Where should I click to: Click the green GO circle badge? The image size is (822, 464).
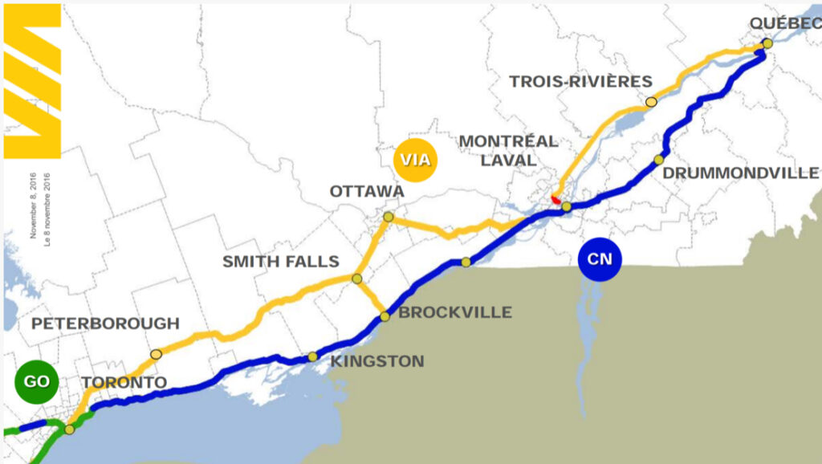click(37, 381)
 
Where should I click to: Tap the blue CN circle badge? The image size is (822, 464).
click(600, 258)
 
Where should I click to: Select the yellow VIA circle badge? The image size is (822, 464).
click(415, 160)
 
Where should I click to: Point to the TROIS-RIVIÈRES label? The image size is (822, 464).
click(581, 81)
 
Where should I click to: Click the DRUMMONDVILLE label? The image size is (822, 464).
click(741, 173)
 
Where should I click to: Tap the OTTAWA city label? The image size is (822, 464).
click(367, 192)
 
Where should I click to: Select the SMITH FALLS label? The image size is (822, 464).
click(281, 262)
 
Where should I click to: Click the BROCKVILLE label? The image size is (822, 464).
click(455, 312)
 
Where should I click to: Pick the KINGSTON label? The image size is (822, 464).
click(377, 361)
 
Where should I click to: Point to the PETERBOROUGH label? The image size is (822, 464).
click(105, 324)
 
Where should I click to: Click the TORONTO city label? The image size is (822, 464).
click(124, 382)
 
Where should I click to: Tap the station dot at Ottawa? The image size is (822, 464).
click(389, 217)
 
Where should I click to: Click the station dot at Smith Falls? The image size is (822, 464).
click(357, 279)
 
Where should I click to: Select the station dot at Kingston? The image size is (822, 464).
click(313, 356)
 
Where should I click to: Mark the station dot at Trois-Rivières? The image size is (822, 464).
click(651, 102)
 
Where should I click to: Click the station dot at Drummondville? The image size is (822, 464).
click(659, 160)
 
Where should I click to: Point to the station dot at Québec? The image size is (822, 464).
click(767, 43)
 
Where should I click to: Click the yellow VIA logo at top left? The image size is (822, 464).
click(33, 80)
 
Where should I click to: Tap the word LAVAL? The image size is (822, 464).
click(508, 161)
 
